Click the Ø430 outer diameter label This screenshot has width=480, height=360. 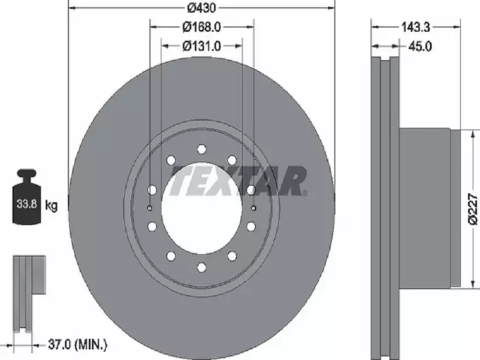[201, 9]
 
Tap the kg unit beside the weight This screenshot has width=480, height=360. [51, 206]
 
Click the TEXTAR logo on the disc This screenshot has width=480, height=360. [238, 180]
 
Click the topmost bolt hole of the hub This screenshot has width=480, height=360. [201, 149]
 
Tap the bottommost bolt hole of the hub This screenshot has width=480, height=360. [201, 267]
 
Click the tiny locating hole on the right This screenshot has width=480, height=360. [253, 209]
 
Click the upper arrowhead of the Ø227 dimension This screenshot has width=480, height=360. [471, 132]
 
